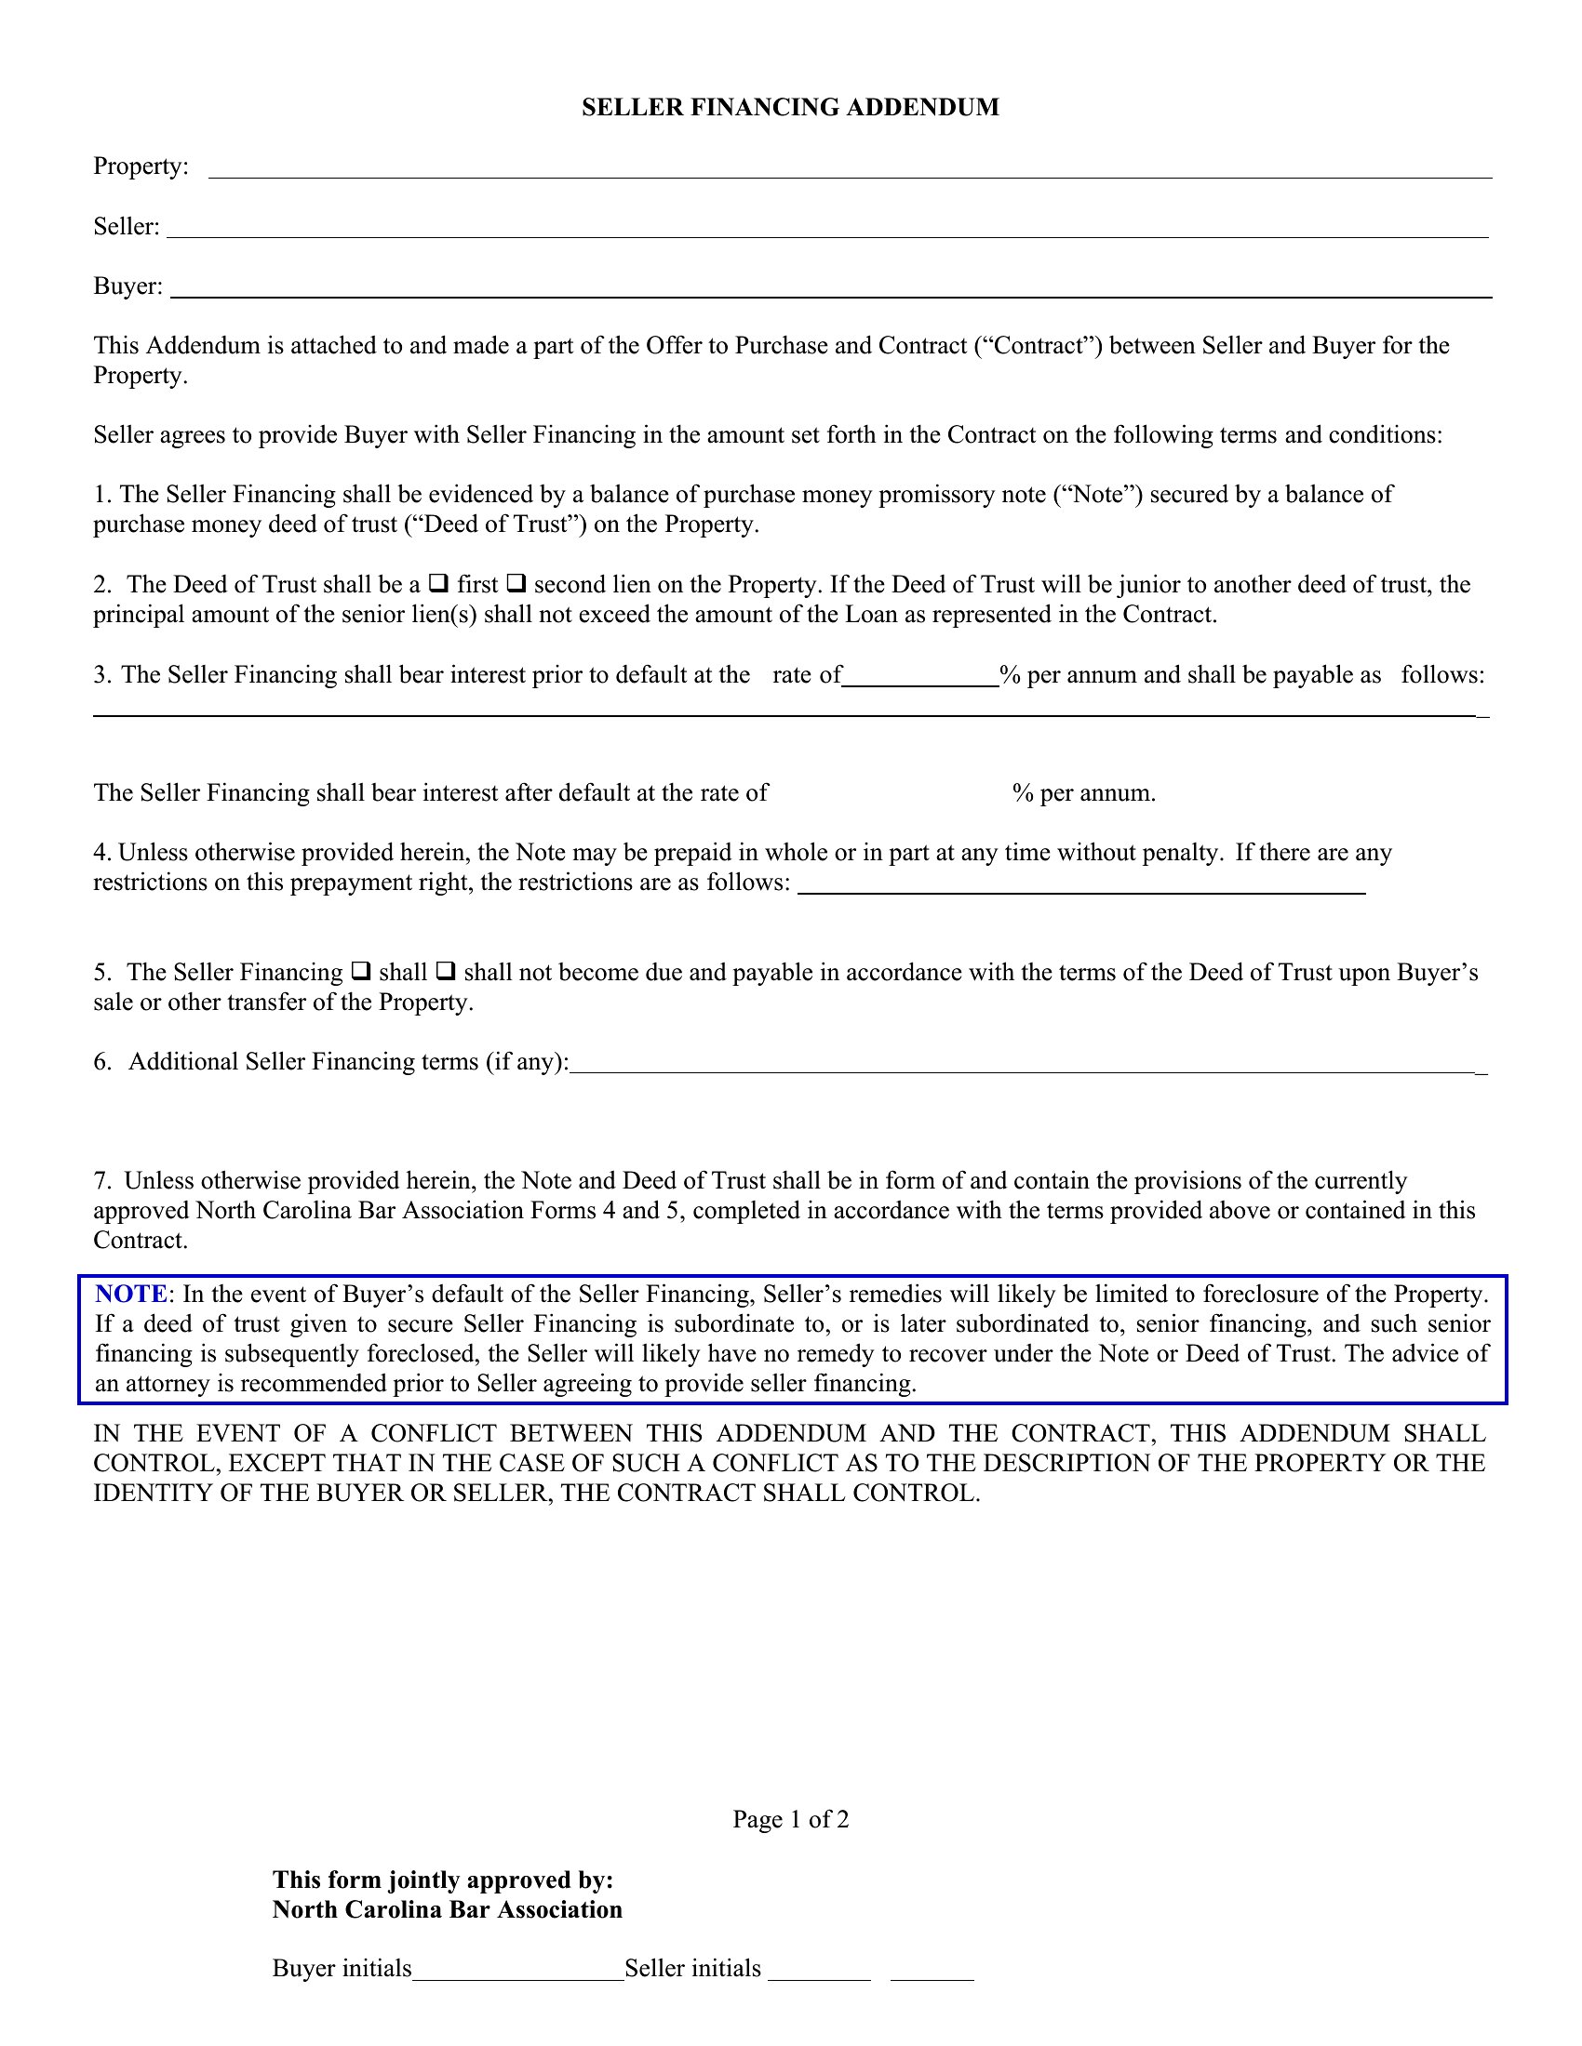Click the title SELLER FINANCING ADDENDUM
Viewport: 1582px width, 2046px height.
pos(790,108)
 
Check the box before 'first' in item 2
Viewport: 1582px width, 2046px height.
pos(437,584)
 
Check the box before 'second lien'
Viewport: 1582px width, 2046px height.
pos(516,584)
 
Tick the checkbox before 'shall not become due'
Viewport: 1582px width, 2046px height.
pos(446,971)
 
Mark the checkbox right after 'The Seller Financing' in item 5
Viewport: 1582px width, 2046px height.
pos(361,971)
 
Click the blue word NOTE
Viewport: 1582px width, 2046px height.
pos(130,1294)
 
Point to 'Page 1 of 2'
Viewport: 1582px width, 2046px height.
pos(790,1819)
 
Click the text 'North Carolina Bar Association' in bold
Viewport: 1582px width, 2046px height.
pos(447,1909)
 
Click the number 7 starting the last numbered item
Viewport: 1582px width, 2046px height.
pos(100,1180)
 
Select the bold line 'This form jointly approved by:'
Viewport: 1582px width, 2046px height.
pos(442,1880)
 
